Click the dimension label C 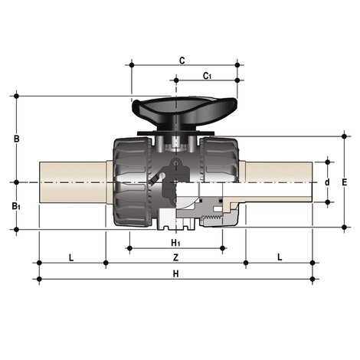coord(182,59)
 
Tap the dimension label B coord(17,139)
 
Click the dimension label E coord(345,182)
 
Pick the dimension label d coord(327,182)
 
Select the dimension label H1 coord(176,242)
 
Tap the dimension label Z coord(175,257)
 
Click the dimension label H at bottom coord(175,273)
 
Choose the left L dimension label coord(71,257)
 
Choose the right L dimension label coord(280,257)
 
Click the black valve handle coord(175,109)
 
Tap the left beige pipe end coord(73,182)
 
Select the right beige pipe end coord(280,182)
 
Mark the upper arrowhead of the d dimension coord(327,163)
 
